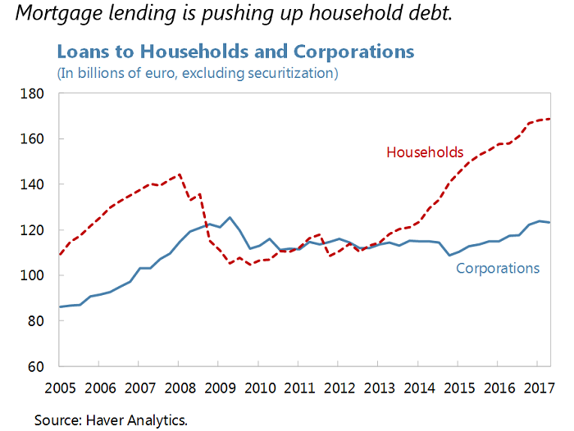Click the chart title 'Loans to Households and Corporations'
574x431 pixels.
pyautogui.click(x=235, y=52)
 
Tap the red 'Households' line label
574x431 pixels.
pyautogui.click(x=425, y=152)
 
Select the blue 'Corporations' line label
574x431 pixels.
pyautogui.click(x=498, y=268)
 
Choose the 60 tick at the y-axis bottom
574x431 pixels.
pyautogui.click(x=37, y=366)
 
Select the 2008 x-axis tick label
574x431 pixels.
pyautogui.click(x=180, y=387)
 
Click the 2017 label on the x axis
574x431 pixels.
pyautogui.click(x=537, y=387)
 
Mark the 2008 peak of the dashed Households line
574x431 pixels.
pyautogui.click(x=179, y=174)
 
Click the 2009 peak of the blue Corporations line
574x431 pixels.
pyautogui.click(x=230, y=217)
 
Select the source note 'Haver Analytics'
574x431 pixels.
pyautogui.click(x=134, y=420)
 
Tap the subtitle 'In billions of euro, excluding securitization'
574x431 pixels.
pyautogui.click(x=198, y=73)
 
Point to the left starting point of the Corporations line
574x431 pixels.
pyautogui.click(x=60, y=307)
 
